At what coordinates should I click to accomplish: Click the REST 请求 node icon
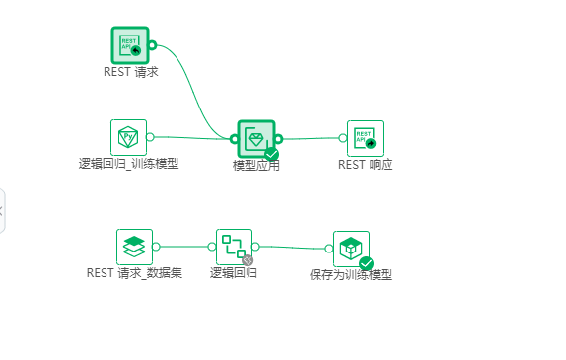click(x=129, y=45)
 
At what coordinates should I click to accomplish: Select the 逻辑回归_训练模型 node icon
click(x=128, y=137)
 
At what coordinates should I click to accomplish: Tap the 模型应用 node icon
click(x=255, y=139)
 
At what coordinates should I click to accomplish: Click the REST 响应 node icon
click(x=365, y=138)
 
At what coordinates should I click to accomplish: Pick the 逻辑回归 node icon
click(x=234, y=246)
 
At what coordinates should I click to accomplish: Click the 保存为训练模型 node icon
click(x=351, y=249)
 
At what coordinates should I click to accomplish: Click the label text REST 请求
click(x=130, y=72)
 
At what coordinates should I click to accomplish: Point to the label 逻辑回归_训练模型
click(x=129, y=164)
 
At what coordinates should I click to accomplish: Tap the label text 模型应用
click(x=255, y=166)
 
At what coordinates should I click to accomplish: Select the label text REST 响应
click(x=365, y=165)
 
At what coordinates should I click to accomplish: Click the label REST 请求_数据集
click(x=134, y=273)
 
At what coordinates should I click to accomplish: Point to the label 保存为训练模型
click(x=351, y=275)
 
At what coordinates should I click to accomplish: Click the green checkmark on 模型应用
click(x=271, y=154)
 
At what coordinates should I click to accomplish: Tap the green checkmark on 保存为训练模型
click(x=366, y=263)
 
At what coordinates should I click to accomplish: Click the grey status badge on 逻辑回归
click(x=248, y=260)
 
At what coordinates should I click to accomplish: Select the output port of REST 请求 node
click(x=152, y=45)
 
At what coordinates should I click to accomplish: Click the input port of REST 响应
click(x=342, y=138)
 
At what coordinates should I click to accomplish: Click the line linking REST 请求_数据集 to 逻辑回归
click(x=184, y=247)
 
